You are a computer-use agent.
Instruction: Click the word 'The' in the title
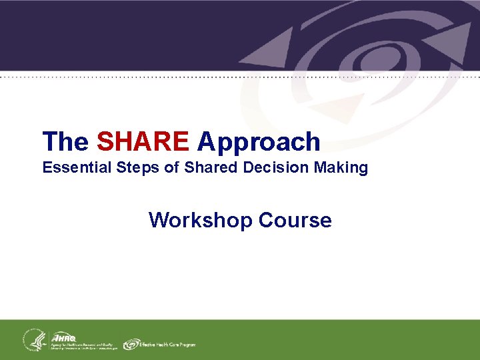65,141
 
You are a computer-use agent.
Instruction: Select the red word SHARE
143,141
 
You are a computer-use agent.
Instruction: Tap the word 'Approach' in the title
259,141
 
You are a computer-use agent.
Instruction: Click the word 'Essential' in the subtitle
70,168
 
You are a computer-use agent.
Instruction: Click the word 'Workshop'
200,220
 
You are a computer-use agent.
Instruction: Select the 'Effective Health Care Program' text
168,345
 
